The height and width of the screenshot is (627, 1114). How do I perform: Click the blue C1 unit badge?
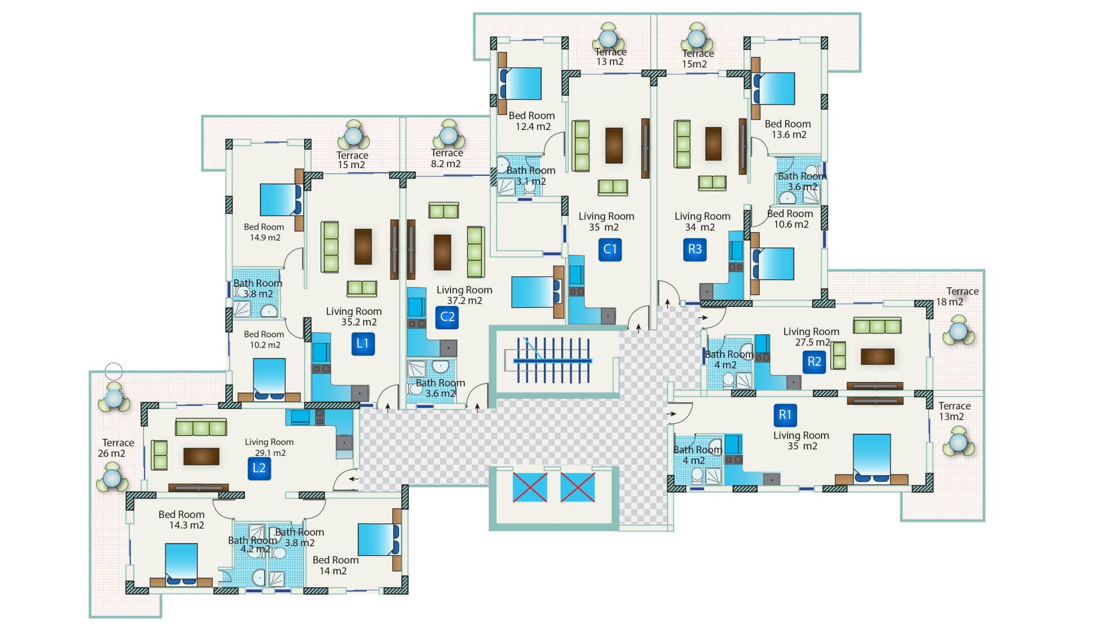[610, 249]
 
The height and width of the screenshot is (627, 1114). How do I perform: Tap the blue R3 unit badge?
[695, 249]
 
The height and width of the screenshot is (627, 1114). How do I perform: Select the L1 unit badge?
[363, 343]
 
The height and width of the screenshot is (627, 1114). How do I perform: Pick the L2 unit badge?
[259, 468]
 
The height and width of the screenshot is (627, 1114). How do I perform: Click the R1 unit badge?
[784, 415]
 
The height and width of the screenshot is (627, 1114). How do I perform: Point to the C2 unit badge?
[447, 316]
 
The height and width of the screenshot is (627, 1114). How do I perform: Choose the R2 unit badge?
[814, 362]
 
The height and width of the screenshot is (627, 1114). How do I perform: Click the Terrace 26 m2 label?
[118, 448]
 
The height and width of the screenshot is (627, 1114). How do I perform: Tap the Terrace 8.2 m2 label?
[446, 158]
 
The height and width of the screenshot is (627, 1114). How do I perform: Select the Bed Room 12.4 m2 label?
[532, 121]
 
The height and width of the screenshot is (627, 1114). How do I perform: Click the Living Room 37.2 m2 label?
[464, 295]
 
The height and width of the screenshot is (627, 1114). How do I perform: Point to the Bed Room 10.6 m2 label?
[790, 219]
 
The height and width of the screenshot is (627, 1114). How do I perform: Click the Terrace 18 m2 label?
[957, 296]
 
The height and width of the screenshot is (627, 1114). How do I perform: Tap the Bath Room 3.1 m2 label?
[531, 175]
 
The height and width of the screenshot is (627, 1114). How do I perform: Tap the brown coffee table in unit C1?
[614, 145]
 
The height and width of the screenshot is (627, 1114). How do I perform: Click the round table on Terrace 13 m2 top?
[608, 39]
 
